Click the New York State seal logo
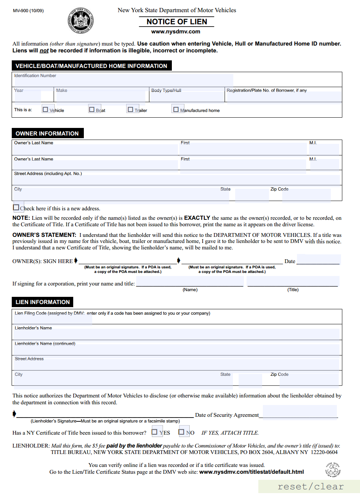coord(81,21)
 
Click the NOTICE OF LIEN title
coord(177,22)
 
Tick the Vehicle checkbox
coord(46,110)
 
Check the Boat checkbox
coord(92,110)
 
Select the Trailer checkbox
coord(130,110)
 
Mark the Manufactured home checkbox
coord(176,110)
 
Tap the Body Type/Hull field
coord(187,96)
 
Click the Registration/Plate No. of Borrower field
coord(283,96)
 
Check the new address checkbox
coord(16,208)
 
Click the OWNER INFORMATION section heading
coord(47,134)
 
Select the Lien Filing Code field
coord(53,320)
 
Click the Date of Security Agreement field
coord(300,412)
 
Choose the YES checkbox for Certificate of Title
coord(154,432)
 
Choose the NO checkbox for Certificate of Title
coord(181,432)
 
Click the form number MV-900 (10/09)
coord(28,11)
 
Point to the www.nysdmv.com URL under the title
coord(176,32)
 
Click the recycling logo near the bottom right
coord(333,470)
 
